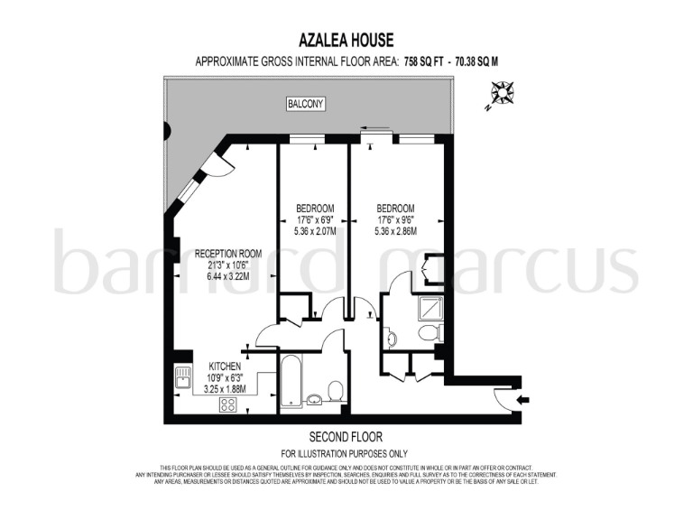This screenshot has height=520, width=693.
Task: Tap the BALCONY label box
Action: [305, 105]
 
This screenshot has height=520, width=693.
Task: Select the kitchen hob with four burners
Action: [227, 404]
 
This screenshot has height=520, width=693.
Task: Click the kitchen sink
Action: [183, 378]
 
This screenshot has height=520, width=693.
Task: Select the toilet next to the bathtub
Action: [335, 392]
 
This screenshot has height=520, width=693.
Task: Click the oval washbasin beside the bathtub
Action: [313, 401]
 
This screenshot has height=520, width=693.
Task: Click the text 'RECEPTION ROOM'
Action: [228, 254]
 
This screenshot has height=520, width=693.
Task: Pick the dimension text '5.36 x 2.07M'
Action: [316, 231]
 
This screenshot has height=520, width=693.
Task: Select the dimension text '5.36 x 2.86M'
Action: [395, 231]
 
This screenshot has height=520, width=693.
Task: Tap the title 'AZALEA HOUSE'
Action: [346, 40]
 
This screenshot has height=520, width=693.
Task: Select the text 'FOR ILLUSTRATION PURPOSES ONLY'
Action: [345, 452]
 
